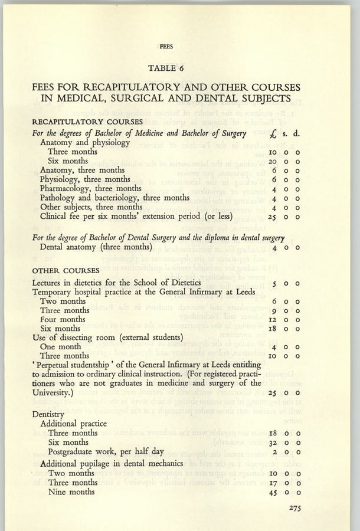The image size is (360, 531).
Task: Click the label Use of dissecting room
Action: [x=100, y=338]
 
